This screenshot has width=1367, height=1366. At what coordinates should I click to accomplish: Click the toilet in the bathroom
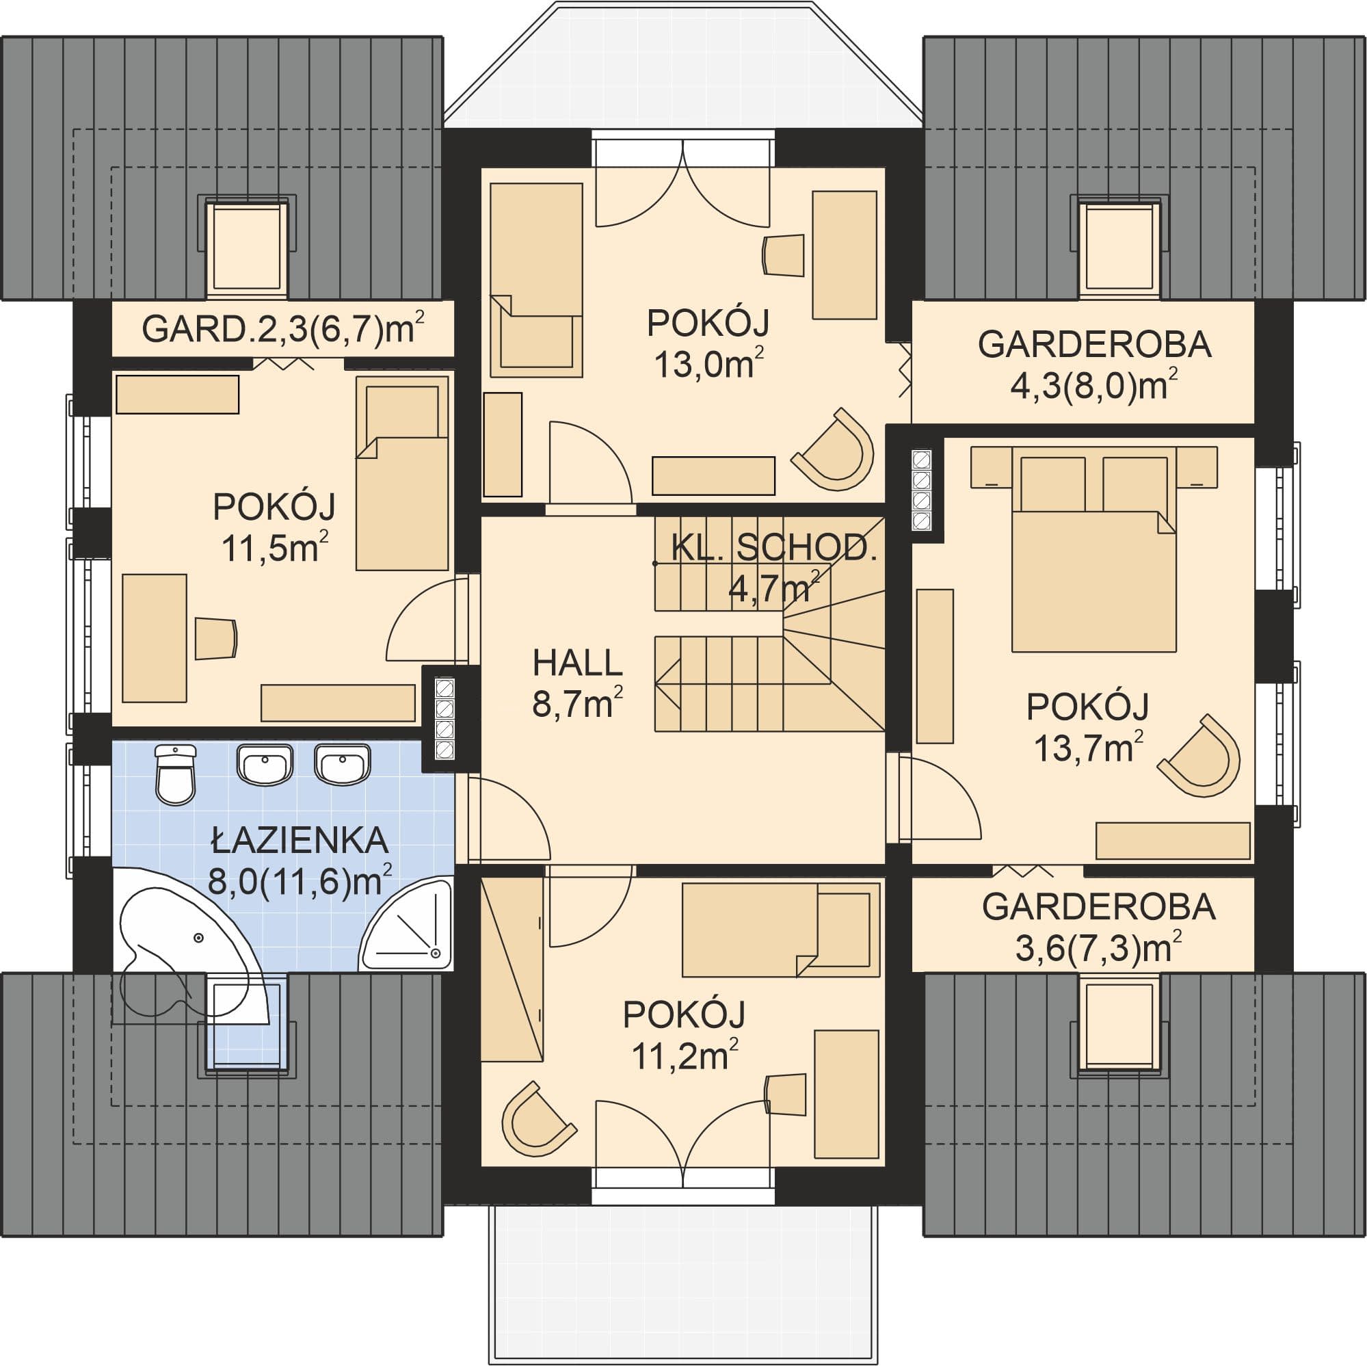pyautogui.click(x=174, y=774)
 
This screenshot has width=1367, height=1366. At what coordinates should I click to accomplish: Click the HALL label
pyautogui.click(x=577, y=664)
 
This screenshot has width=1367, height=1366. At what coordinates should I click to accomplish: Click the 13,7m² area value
pyautogui.click(x=1089, y=748)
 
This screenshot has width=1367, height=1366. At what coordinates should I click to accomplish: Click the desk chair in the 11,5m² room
pyautogui.click(x=216, y=638)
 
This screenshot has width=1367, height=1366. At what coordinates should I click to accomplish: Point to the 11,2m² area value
pyautogui.click(x=685, y=1058)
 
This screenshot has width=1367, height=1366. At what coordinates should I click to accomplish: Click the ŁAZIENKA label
pyautogui.click(x=300, y=841)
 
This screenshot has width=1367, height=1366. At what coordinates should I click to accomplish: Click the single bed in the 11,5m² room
pyautogui.click(x=402, y=473)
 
